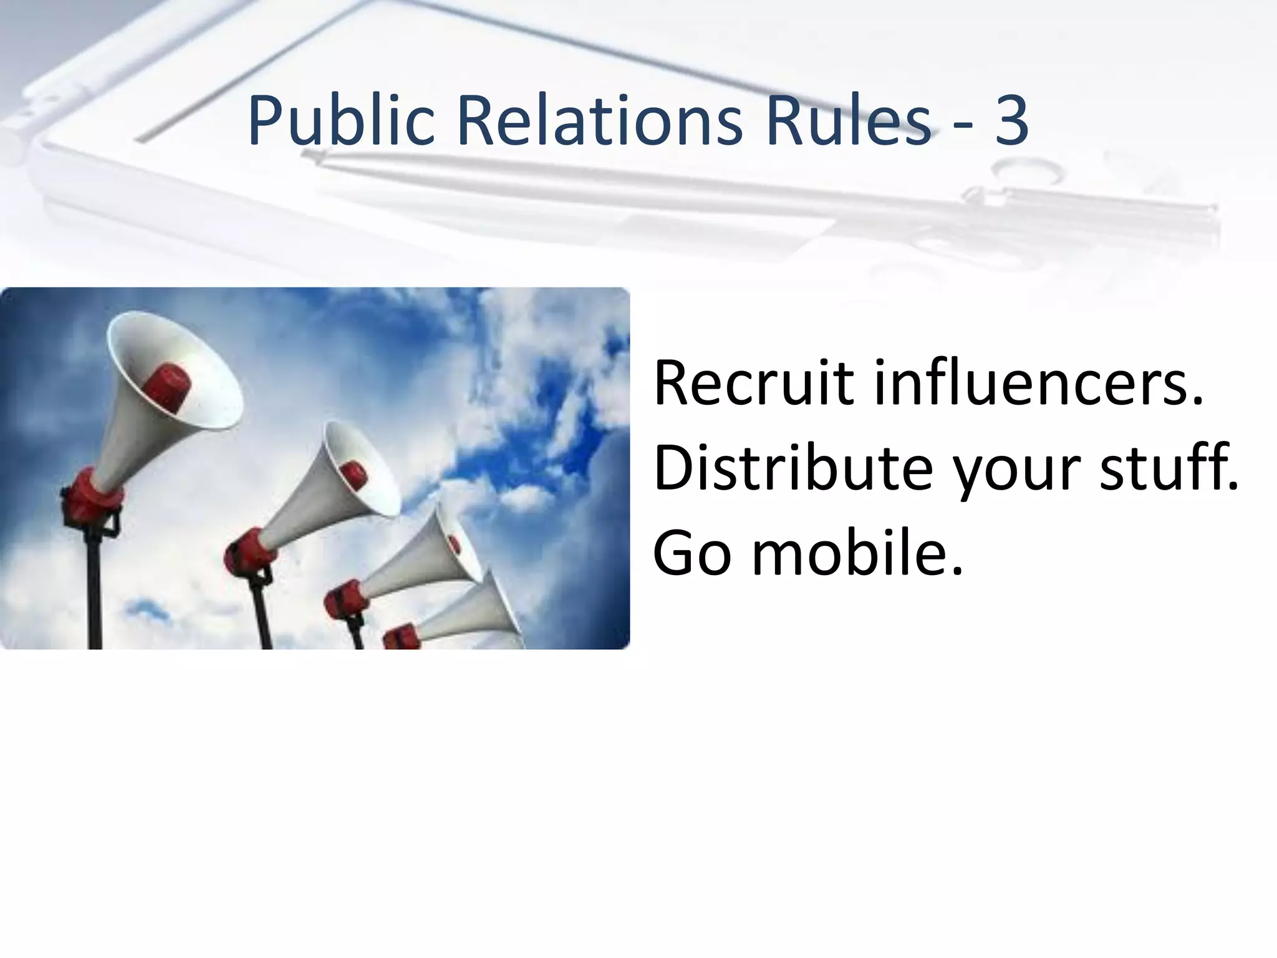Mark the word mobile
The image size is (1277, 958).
tap(858, 553)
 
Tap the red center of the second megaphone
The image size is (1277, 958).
tap(354, 474)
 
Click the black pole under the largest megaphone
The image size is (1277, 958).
tap(95, 593)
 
